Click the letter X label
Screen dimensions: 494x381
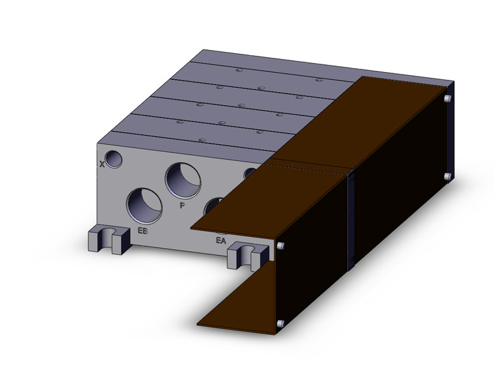tap(102, 164)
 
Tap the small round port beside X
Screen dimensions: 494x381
tap(114, 159)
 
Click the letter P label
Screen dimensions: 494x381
tap(182, 206)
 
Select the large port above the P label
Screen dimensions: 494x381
tap(183, 180)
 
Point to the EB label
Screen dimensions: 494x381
tap(142, 230)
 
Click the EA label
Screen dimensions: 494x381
tap(221, 241)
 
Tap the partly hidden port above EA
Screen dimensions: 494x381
tap(214, 206)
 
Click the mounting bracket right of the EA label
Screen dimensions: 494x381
tap(248, 255)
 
